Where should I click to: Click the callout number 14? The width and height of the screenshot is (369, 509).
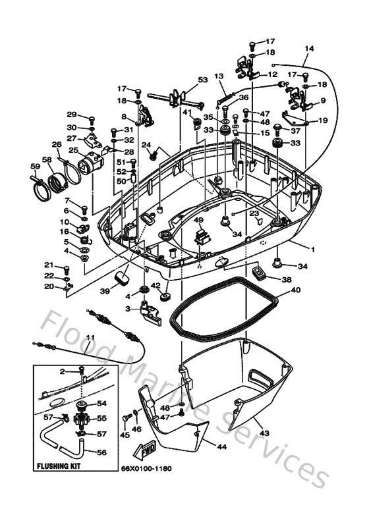[310, 49]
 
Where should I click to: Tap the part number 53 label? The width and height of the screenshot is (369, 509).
[202, 80]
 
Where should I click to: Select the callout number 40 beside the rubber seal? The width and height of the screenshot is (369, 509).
[295, 290]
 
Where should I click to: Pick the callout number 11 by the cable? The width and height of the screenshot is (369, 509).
[90, 338]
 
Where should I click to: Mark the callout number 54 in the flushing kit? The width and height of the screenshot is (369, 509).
[102, 404]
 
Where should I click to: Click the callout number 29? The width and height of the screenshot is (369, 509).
[71, 114]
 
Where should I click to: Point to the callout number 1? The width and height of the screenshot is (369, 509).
[313, 250]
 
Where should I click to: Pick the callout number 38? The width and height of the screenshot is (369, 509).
[286, 279]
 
